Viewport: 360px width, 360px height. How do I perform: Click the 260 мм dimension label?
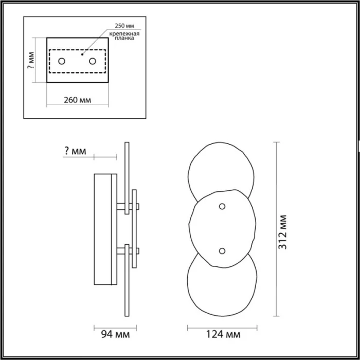click(x=77, y=100)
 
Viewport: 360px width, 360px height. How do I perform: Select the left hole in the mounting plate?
click(x=62, y=62)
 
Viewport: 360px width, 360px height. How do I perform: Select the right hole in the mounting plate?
click(x=93, y=62)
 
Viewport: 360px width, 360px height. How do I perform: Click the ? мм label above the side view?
click(x=75, y=151)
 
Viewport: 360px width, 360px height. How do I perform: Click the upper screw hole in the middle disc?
click(x=222, y=206)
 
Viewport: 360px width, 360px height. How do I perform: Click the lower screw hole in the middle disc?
click(x=222, y=250)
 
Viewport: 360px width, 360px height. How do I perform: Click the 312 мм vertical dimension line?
click(x=278, y=229)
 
